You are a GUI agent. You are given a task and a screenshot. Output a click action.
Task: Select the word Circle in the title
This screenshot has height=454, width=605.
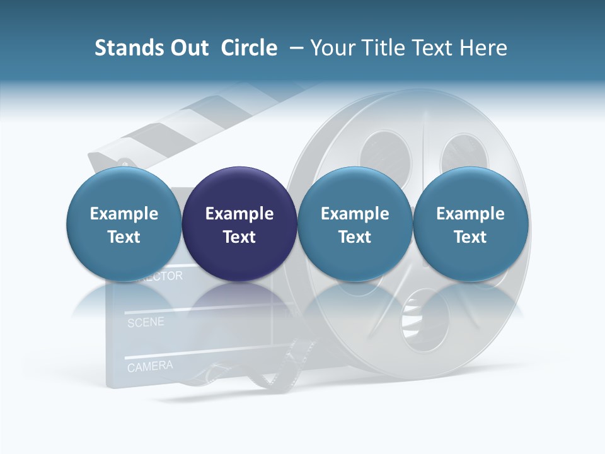[x=249, y=48]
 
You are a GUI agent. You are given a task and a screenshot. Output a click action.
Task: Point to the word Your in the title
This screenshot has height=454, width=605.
[x=331, y=48]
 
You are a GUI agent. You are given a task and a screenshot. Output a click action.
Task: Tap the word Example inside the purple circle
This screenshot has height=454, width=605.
[x=239, y=214]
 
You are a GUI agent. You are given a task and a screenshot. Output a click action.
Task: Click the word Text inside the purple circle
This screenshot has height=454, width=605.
[x=239, y=237]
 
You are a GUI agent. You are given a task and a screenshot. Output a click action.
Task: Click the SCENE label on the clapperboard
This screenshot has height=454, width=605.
[x=146, y=323]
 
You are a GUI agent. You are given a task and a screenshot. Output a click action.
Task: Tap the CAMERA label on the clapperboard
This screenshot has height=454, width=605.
[x=150, y=366]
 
